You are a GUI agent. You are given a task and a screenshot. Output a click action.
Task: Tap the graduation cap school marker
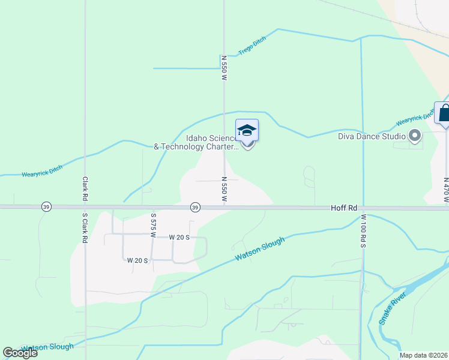tap(247, 131)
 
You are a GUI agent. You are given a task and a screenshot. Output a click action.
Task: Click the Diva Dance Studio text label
tap(372, 136)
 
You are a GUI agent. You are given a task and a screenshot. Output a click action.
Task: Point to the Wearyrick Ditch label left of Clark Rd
tap(42, 172)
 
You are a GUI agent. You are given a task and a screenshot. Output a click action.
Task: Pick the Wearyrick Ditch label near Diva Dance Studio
tap(415, 118)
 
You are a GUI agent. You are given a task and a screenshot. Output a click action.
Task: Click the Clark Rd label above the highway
tap(86, 188)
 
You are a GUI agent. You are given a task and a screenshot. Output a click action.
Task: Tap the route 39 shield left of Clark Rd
tap(46, 207)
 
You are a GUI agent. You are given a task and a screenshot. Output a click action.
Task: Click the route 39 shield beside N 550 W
tap(195, 207)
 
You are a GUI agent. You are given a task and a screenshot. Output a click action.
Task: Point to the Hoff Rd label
tap(344, 208)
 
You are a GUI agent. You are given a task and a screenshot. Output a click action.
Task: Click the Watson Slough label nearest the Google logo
tap(47, 347)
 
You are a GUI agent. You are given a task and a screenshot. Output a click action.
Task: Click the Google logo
tap(20, 353)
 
